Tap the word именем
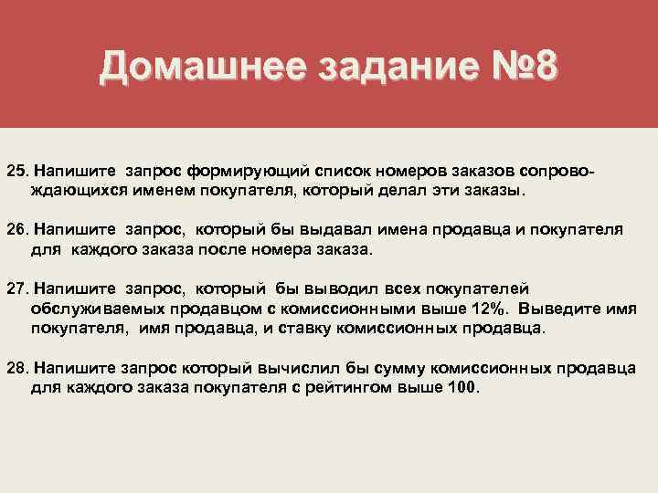pyautogui.click(x=148, y=191)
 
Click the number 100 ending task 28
pyautogui.click(x=462, y=386)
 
